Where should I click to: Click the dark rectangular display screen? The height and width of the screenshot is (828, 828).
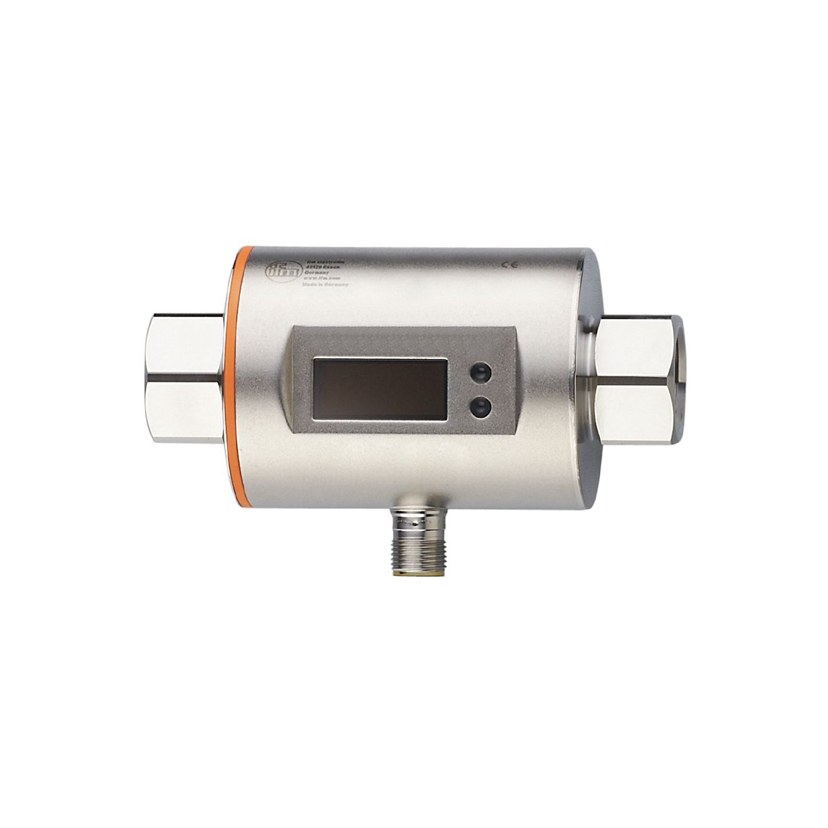click(x=380, y=390)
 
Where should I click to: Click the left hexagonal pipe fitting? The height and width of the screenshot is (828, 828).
click(x=185, y=378)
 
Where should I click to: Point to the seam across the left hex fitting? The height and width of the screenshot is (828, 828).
click(x=185, y=378)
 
